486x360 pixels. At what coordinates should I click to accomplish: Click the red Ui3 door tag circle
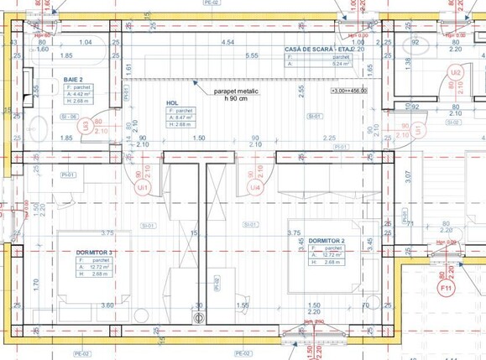pos(84,126)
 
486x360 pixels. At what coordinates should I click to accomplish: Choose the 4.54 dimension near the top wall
pos(227,42)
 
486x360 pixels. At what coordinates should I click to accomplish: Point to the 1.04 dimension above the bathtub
pos(85,42)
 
